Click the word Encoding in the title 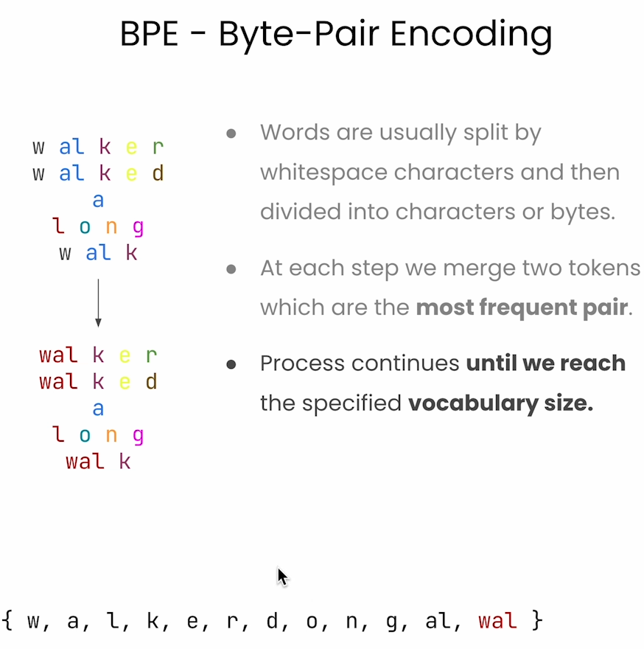click(x=471, y=35)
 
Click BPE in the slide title click(x=149, y=34)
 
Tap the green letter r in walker click(x=158, y=147)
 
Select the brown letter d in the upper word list click(x=158, y=173)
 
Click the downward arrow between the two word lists click(x=98, y=303)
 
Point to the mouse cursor click(x=282, y=577)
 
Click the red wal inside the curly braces click(x=497, y=621)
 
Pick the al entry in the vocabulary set click(x=439, y=621)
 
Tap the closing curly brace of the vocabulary click(x=537, y=620)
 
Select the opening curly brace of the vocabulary click(x=7, y=620)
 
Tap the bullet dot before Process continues click(x=231, y=364)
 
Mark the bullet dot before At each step click(x=231, y=269)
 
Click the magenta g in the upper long click(x=138, y=228)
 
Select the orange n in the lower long click(x=111, y=435)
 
